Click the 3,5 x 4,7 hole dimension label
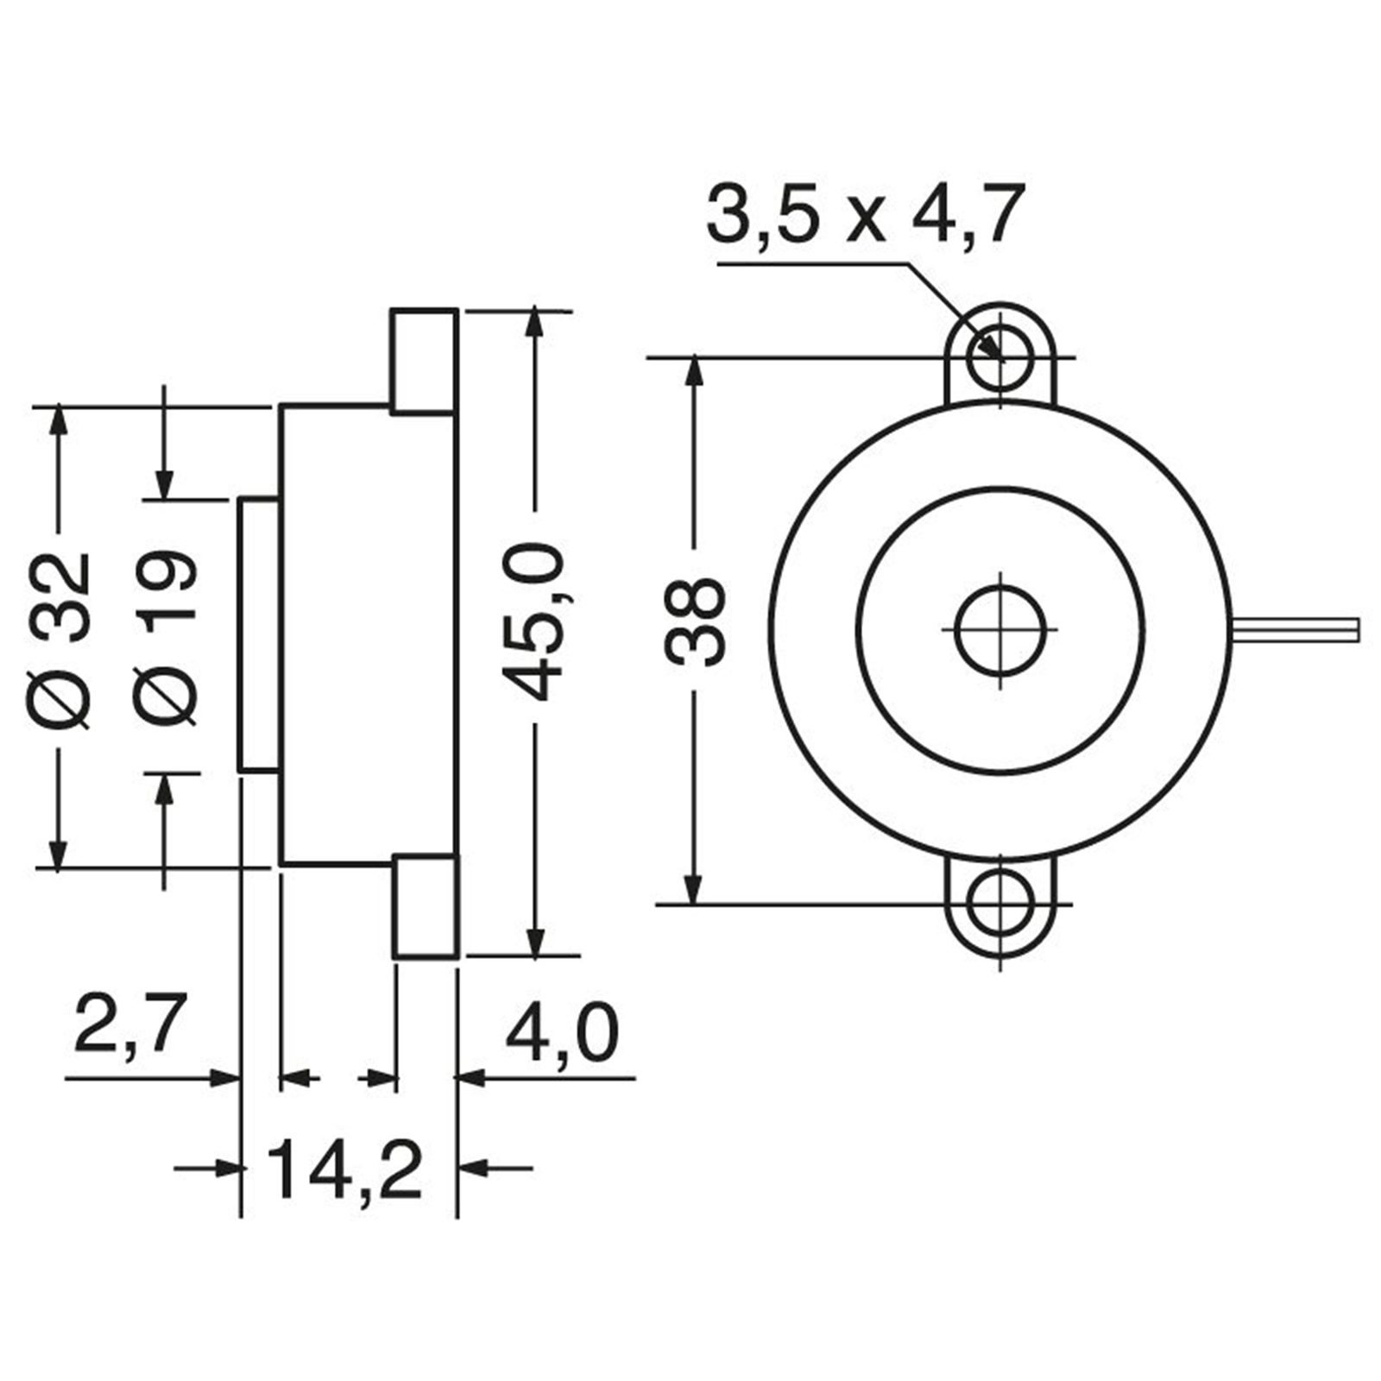click(865, 213)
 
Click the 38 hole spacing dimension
click(697, 621)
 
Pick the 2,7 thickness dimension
click(130, 1025)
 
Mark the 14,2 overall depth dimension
click(345, 1171)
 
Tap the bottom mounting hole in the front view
click(1000, 905)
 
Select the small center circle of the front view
click(1000, 629)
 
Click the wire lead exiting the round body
click(1295, 629)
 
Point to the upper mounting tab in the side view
click(425, 361)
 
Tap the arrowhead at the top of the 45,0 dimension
click(536, 323)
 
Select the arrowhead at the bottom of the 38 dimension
click(693, 889)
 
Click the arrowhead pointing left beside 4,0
click(470, 1077)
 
